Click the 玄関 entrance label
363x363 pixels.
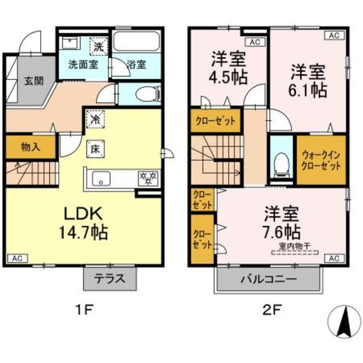(x=33, y=80)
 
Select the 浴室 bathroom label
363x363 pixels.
(x=136, y=64)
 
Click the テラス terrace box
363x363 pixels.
(x=111, y=280)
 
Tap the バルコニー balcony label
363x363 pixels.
(x=264, y=280)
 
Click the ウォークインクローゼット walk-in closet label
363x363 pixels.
(x=321, y=159)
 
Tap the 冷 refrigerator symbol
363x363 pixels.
(x=95, y=120)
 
